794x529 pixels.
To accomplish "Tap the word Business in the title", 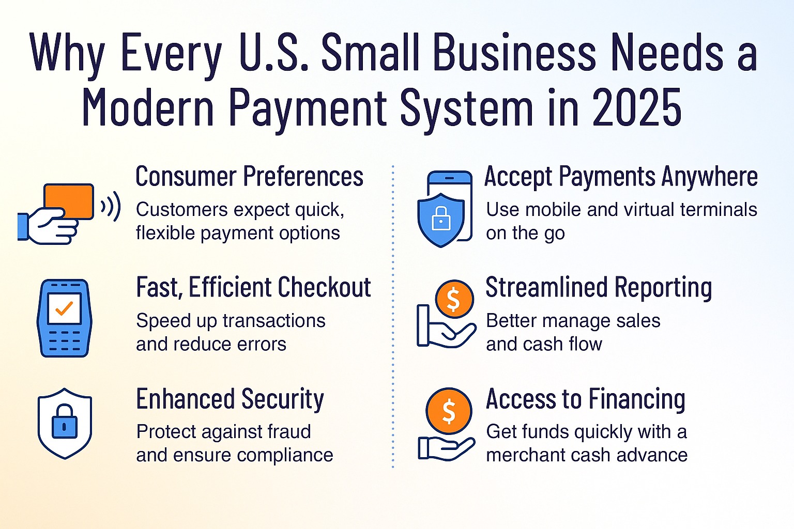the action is click(x=515, y=52).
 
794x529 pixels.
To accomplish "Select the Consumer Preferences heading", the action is click(x=249, y=176).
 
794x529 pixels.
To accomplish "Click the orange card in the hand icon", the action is click(x=69, y=201).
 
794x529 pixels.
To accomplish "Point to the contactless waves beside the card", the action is click(x=111, y=206).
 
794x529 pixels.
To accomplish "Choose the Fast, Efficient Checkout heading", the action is click(x=253, y=287).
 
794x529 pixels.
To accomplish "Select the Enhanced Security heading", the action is click(x=230, y=399).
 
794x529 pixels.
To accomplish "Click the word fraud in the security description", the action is click(x=289, y=431).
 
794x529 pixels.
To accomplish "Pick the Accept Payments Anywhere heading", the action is click(x=621, y=176).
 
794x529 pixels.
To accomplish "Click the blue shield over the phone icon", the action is click(x=441, y=220).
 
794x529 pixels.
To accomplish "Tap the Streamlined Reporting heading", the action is click(x=599, y=287).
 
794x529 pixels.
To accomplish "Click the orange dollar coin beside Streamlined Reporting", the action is click(x=454, y=299).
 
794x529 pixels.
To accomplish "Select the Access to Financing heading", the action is click(x=586, y=399).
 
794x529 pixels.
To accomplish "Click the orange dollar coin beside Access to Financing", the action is click(x=449, y=411).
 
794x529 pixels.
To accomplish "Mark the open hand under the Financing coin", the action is click(x=446, y=448).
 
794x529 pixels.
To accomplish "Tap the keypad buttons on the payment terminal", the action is click(x=64, y=341).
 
